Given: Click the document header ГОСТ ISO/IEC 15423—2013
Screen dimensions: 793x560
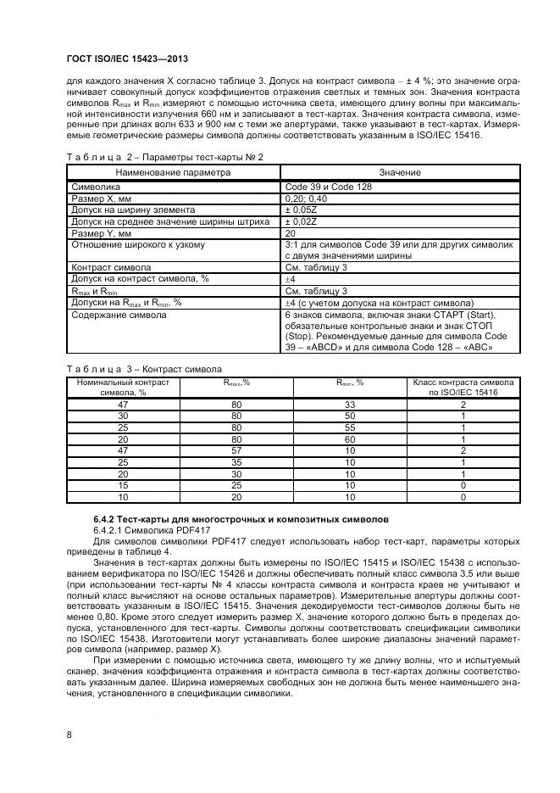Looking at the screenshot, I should tap(126, 59).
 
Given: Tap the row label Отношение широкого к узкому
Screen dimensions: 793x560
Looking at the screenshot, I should tap(138, 245).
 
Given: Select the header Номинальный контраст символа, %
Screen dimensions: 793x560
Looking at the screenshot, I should tap(124, 387).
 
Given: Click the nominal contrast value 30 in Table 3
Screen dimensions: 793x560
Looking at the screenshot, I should tap(124, 416).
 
